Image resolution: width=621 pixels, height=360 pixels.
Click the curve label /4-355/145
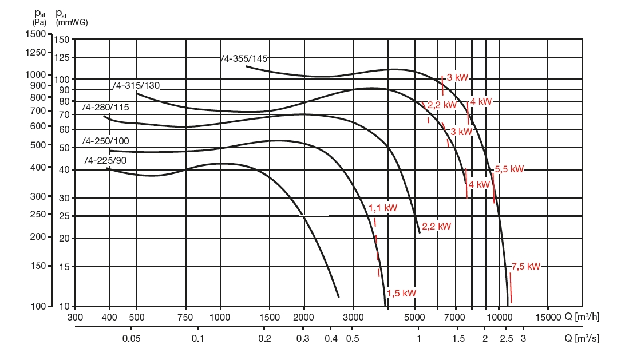coord(245,58)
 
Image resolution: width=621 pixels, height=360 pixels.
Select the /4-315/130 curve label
coord(137,86)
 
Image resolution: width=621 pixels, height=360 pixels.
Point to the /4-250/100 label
coord(106,141)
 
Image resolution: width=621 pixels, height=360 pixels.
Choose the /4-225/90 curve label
coord(105,160)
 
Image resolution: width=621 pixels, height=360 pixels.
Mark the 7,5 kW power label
coord(526,266)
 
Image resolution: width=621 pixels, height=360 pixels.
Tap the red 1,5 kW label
coord(401,293)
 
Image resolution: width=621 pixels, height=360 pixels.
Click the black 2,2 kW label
coord(436,226)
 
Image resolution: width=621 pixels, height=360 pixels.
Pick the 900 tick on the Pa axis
coord(37,85)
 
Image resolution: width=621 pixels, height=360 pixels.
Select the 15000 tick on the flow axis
coord(548,317)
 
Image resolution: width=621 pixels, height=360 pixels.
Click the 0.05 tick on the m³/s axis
coord(132,338)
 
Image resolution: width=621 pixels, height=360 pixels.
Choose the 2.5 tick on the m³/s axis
coord(506,338)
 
